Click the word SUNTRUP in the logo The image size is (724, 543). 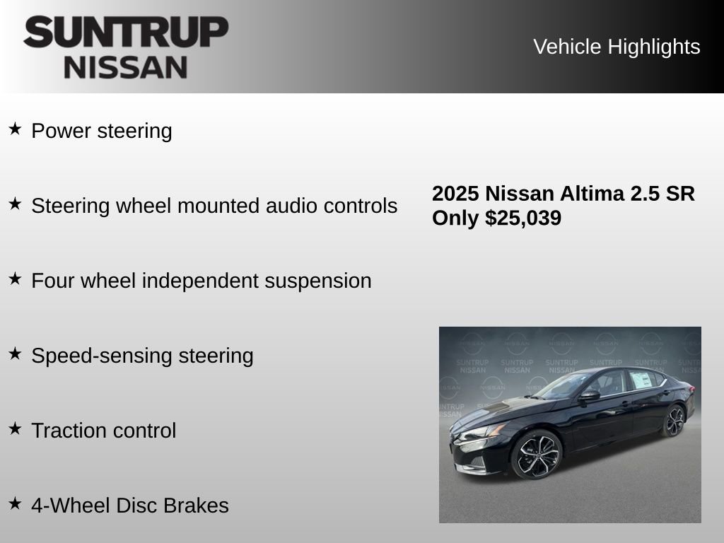[126, 32]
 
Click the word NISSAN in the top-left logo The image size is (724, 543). [126, 67]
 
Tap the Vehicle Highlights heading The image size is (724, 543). [617, 47]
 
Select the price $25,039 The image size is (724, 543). [523, 218]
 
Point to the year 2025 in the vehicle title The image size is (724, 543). [455, 194]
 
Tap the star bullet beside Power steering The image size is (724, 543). [15, 129]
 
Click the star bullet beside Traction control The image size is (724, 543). [15, 428]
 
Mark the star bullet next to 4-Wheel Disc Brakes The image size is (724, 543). [15, 503]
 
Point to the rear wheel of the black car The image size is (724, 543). [675, 421]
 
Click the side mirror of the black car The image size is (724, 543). [589, 395]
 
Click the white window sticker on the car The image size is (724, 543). [640, 380]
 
